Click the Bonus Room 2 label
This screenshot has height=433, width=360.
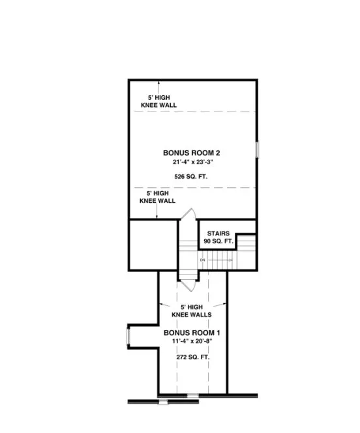[191, 152]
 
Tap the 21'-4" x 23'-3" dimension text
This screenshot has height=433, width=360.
[191, 162]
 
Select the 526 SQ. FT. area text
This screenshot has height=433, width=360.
[191, 177]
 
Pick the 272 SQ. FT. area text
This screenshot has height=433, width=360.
[192, 357]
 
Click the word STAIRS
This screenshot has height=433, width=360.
[218, 233]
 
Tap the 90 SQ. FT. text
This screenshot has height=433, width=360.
[218, 241]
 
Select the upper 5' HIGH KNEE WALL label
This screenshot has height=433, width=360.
[158, 101]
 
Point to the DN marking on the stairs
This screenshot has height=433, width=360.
[203, 260]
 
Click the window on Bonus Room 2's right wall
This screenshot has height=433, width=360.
[258, 149]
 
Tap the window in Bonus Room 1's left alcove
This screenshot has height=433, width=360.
[128, 336]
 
